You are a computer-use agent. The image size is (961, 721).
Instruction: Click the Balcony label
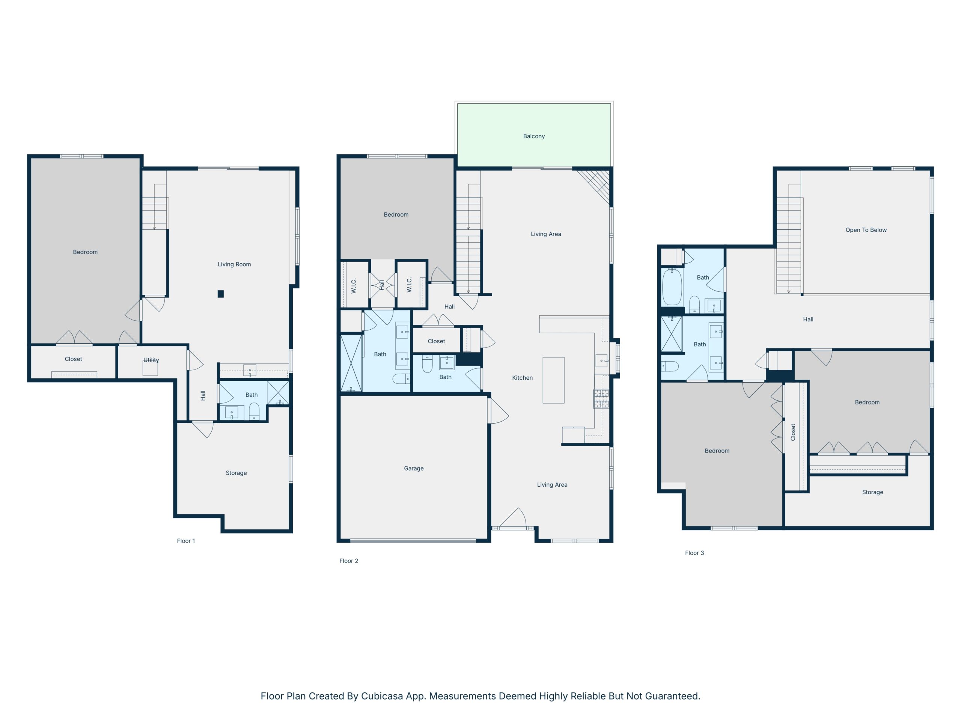point(533,136)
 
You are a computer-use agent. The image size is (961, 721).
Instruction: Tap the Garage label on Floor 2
point(414,468)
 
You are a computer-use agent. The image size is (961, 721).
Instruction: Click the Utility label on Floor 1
point(151,360)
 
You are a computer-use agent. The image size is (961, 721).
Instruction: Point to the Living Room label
point(234,264)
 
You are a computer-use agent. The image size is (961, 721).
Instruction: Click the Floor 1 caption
point(186,541)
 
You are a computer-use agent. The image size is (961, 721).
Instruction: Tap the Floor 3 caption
point(694,553)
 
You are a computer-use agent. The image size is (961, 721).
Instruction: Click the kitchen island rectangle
point(553,380)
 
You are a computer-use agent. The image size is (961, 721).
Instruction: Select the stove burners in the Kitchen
point(601,398)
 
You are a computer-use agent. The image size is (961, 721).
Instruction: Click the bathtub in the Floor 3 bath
point(672,287)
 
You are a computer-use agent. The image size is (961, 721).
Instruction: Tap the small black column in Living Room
point(221,294)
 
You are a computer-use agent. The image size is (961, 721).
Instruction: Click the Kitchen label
point(522,378)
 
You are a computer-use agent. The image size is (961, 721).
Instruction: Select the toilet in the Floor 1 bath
point(254,411)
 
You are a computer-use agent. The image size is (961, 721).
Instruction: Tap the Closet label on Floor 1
point(74,359)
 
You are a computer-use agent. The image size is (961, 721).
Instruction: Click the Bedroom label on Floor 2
point(396,214)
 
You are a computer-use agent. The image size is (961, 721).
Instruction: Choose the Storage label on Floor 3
point(872,492)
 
